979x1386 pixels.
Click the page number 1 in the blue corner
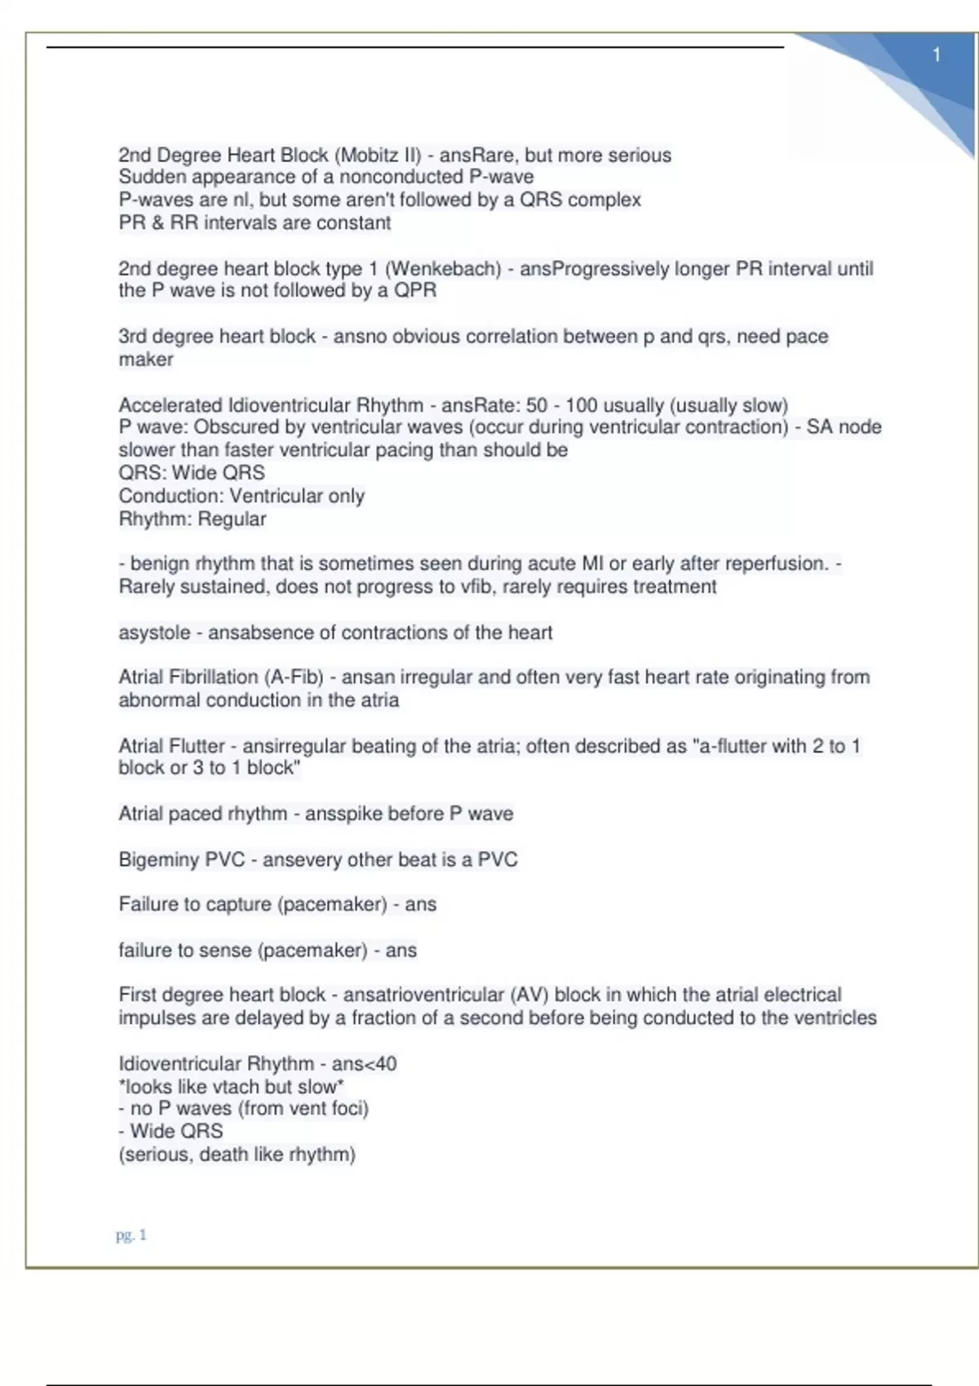937,55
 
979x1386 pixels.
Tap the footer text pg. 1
131,1235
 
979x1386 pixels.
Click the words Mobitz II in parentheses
379,155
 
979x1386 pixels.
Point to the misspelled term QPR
415,290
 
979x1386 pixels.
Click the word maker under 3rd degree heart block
146,360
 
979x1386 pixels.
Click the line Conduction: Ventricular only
241,496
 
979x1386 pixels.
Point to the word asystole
154,633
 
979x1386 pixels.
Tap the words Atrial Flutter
171,746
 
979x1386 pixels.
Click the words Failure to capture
194,904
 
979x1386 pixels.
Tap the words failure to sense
184,951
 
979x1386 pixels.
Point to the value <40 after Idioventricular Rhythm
381,1064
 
